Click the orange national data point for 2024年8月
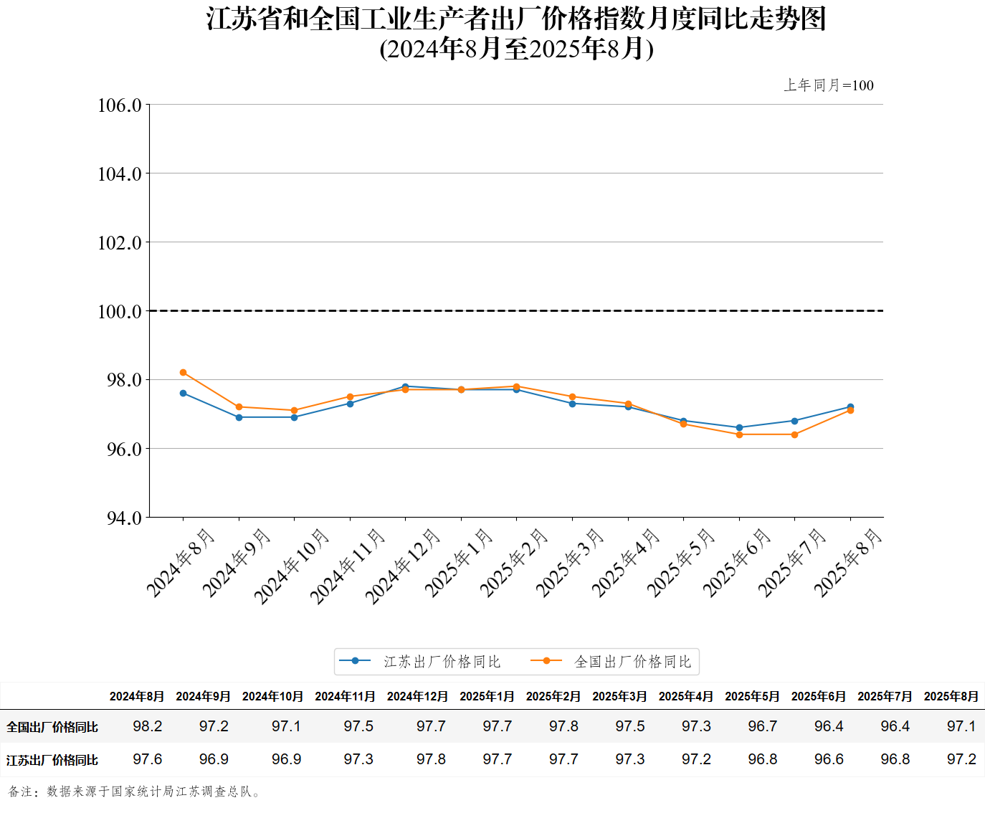click(x=184, y=373)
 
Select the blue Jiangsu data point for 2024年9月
click(x=239, y=417)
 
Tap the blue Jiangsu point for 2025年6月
click(x=739, y=427)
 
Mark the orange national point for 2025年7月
click(x=794, y=434)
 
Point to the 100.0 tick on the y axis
click(x=120, y=311)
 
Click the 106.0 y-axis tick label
click(x=120, y=105)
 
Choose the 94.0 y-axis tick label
click(x=124, y=518)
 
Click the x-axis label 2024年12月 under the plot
click(x=403, y=566)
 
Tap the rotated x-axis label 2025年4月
click(x=625, y=562)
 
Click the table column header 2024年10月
click(x=272, y=696)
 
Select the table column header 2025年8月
click(x=951, y=696)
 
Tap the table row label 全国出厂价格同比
click(x=52, y=727)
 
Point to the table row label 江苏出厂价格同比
click(x=52, y=760)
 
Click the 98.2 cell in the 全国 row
click(x=148, y=726)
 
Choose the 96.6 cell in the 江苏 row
click(x=829, y=759)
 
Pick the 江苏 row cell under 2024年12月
click(x=431, y=759)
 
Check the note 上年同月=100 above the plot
click(x=829, y=85)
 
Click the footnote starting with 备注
click(x=135, y=791)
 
